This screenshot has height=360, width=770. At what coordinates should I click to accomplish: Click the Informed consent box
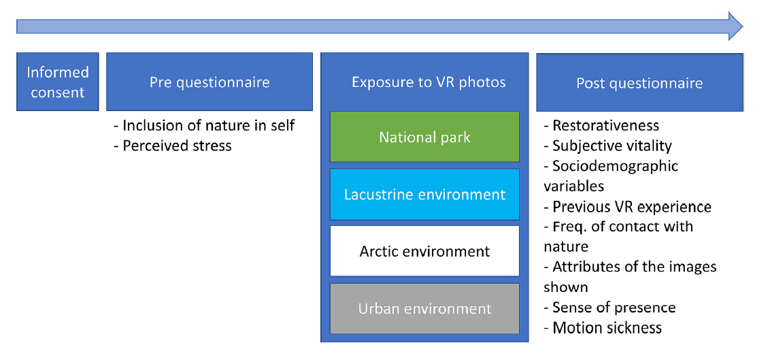57,82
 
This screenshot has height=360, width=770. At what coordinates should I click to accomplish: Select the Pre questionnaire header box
210,82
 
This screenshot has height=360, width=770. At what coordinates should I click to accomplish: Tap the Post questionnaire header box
639,82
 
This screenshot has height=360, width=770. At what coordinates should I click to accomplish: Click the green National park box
424,137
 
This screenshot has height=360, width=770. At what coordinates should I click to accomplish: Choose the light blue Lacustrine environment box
424,194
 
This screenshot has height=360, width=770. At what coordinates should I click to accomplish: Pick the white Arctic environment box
424,251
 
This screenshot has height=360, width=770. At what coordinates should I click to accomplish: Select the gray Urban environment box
424,308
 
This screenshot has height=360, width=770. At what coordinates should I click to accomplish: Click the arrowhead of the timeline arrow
735,26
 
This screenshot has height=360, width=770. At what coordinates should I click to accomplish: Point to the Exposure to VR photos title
429,82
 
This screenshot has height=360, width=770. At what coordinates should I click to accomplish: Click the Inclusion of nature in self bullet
204,125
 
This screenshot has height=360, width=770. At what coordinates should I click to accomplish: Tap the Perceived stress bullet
173,146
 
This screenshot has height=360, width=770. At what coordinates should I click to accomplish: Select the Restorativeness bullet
601,125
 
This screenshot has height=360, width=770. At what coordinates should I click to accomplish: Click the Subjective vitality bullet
608,146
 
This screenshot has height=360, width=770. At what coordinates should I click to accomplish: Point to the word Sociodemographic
616,165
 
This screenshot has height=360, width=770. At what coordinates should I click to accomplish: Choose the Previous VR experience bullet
628,206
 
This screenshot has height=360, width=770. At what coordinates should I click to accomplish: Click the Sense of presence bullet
610,308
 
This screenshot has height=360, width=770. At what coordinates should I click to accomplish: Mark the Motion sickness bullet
603,327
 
